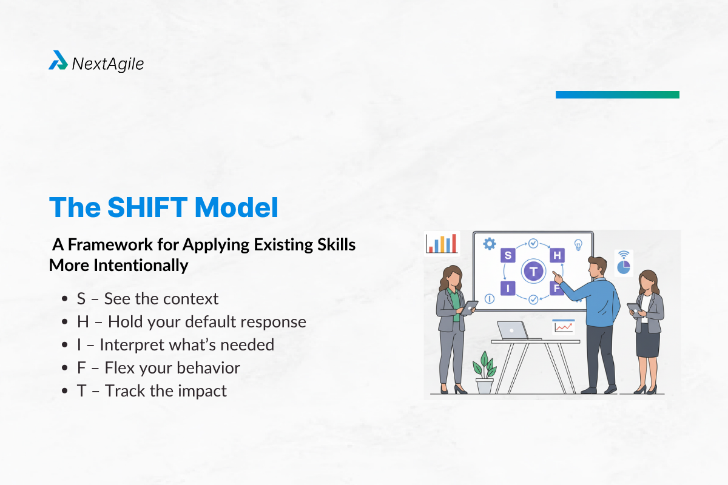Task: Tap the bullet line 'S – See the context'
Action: click(x=147, y=299)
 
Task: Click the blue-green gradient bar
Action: click(x=617, y=95)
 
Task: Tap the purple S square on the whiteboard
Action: click(x=507, y=255)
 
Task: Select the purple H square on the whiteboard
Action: click(x=557, y=255)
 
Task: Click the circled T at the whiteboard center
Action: click(x=533, y=271)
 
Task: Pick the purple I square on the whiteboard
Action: click(x=507, y=288)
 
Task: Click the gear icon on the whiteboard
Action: click(x=489, y=244)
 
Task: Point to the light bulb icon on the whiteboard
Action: click(x=578, y=244)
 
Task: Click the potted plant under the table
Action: click(x=484, y=373)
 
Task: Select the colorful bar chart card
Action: click(x=442, y=243)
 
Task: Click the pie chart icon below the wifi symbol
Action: click(x=623, y=267)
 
